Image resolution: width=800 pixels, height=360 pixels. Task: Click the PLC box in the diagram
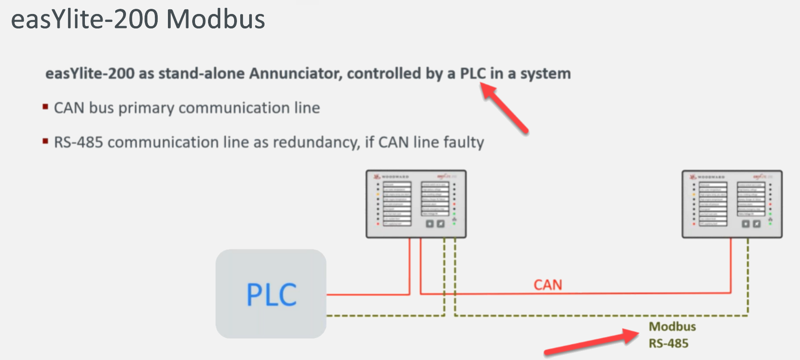point(271,294)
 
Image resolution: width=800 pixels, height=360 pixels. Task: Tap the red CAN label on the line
point(548,285)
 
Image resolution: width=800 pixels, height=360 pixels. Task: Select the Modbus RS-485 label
point(672,335)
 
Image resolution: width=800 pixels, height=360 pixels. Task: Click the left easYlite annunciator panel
point(416,204)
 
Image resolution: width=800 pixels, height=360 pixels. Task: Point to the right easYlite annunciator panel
point(732,204)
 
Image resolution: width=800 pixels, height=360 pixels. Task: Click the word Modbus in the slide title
point(216,20)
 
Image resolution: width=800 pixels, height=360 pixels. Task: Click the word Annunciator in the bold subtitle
point(296,74)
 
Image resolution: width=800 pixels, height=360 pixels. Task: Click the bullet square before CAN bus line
point(45,107)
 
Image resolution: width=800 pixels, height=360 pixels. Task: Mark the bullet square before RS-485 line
point(45,141)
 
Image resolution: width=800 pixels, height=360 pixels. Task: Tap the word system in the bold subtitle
point(545,74)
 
